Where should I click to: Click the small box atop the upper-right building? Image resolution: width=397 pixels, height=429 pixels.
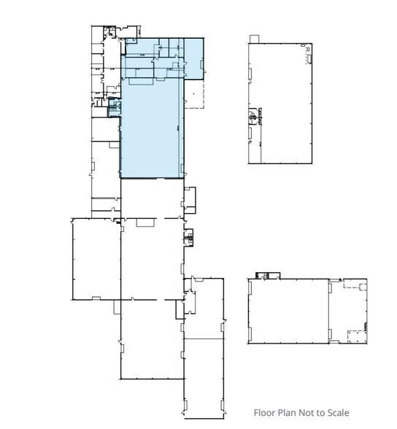tap(255, 38)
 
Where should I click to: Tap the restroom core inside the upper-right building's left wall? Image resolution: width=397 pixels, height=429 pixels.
tap(253, 116)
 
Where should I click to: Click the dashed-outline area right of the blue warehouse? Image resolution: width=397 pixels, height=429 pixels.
tap(193, 93)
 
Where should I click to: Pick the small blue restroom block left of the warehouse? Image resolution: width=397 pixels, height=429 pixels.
tap(113, 109)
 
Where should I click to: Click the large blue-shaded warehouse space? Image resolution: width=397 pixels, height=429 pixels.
tap(151, 131)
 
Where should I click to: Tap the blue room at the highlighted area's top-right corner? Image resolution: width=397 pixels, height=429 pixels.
tap(194, 58)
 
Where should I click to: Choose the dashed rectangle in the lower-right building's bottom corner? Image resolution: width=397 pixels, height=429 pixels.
tap(355, 336)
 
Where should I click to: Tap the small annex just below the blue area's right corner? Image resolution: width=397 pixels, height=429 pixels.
tap(190, 199)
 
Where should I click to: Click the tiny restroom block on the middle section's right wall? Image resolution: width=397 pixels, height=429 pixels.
tap(189, 236)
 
